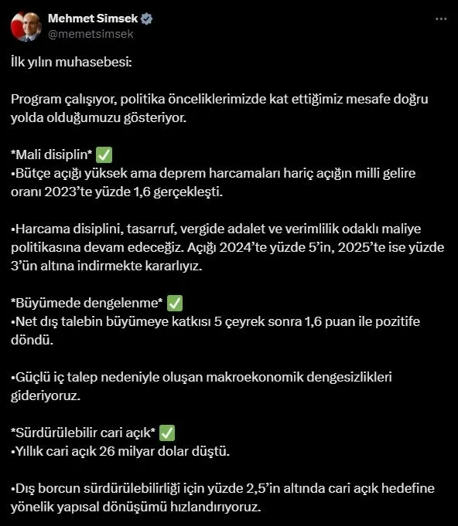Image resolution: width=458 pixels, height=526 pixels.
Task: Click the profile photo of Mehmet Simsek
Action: [26, 26]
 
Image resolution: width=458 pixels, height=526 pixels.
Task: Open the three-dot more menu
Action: [440, 19]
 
